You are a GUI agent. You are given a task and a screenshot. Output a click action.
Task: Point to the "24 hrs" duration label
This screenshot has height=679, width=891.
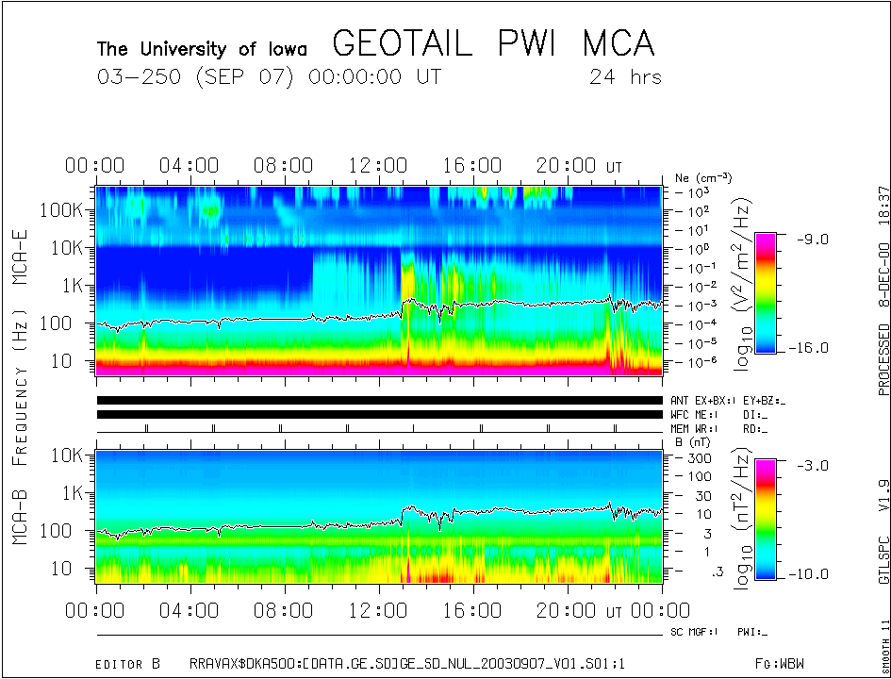(x=626, y=76)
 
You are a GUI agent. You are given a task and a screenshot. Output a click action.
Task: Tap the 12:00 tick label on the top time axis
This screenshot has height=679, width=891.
(x=377, y=167)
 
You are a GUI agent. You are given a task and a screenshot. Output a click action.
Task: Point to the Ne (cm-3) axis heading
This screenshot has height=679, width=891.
(x=703, y=177)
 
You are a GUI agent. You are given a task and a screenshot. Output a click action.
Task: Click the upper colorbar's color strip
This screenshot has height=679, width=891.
(x=766, y=292)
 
